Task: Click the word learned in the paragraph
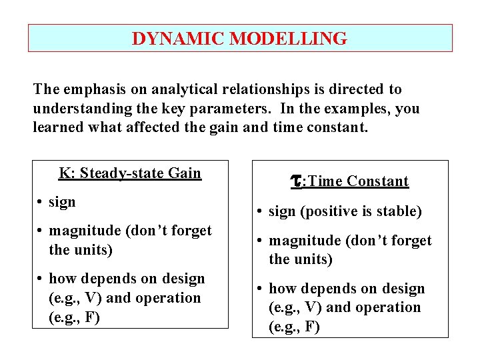(x=59, y=127)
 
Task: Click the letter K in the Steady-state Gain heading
(x=64, y=173)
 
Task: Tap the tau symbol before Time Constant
(x=298, y=181)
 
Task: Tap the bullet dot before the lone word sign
(x=41, y=202)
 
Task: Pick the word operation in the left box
(x=168, y=298)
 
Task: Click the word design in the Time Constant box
(x=402, y=289)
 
